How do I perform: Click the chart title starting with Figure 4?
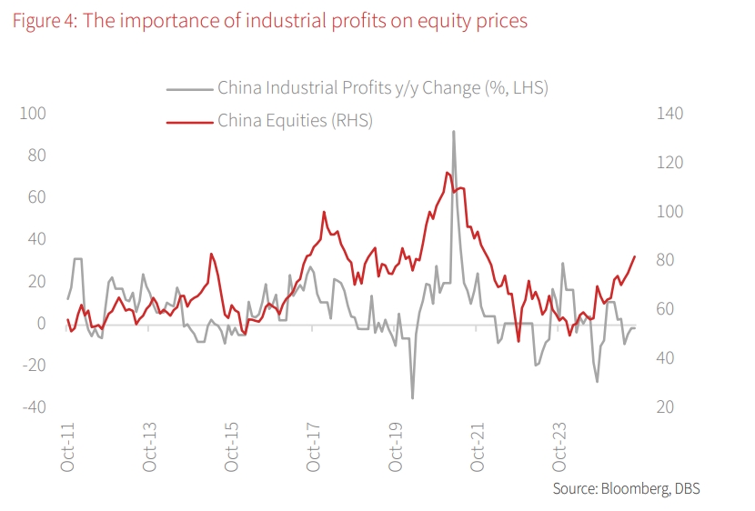click(x=269, y=20)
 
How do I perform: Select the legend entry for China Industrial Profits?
click(x=383, y=88)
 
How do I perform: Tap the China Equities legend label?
click(x=295, y=120)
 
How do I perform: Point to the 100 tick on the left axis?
click(x=35, y=114)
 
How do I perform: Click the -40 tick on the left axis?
click(x=35, y=407)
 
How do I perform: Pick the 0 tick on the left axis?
click(x=42, y=324)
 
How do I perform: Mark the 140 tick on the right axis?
click(x=660, y=114)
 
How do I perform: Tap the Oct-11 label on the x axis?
click(x=67, y=448)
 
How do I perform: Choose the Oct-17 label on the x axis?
click(x=314, y=448)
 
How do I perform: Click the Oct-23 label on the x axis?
click(x=560, y=448)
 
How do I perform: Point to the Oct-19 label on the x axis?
click(x=396, y=448)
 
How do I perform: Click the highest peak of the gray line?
click(x=453, y=131)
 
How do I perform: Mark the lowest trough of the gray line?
click(x=413, y=398)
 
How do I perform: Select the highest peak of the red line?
click(x=447, y=172)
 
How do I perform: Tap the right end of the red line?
click(x=635, y=256)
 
